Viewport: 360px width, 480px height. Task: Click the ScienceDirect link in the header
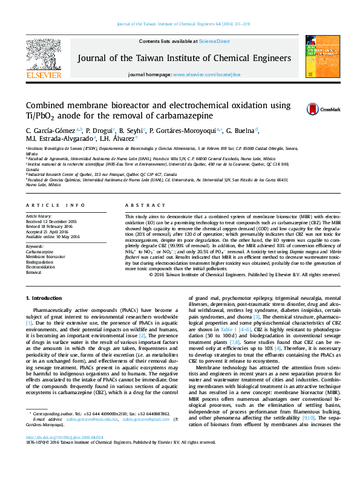[215, 41]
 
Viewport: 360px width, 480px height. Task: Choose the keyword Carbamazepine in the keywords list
[39, 251]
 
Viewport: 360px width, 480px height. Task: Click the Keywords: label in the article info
[34, 246]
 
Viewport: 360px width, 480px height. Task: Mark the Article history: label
[39, 216]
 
